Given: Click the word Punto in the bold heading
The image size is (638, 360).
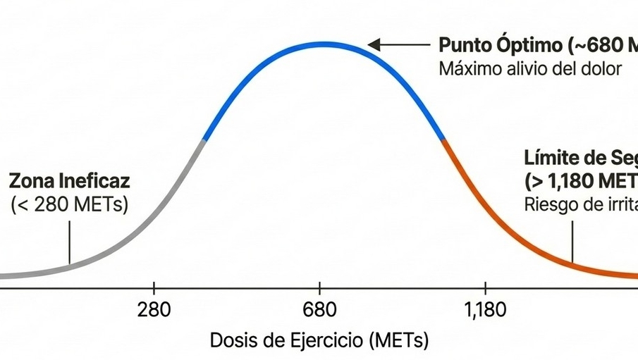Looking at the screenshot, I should click(x=463, y=46).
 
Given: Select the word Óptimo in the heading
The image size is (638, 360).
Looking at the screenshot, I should click(x=527, y=46).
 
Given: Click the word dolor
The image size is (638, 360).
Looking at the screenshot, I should click(x=601, y=69).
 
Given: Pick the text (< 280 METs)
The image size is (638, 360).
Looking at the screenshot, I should click(x=68, y=206).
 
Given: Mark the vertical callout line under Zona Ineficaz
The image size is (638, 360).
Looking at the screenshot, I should click(x=70, y=242).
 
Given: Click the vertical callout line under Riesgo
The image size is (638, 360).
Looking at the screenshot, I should click(x=573, y=242).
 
